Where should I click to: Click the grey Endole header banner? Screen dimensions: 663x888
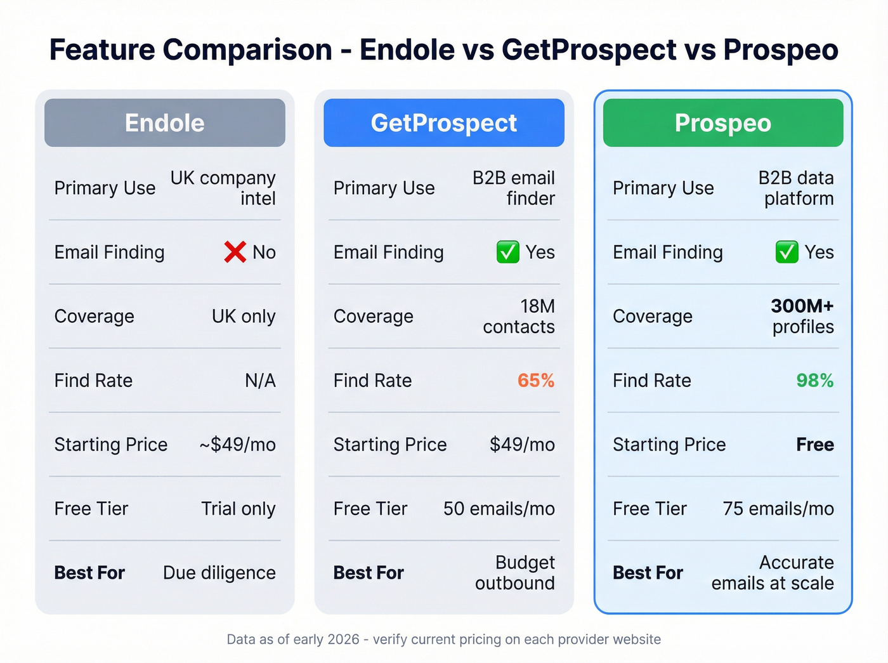[164, 122]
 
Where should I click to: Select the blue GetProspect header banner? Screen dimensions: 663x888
[443, 122]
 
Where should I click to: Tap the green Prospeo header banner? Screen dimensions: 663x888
[722, 122]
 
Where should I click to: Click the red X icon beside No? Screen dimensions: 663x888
[235, 252]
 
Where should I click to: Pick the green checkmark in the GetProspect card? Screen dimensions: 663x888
[507, 252]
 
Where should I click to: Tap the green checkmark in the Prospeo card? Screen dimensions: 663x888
[787, 252]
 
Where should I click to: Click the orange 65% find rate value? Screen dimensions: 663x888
[535, 380]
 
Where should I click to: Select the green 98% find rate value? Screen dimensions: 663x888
[814, 380]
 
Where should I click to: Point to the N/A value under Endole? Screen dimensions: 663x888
[260, 380]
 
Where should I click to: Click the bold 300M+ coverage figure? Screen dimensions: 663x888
[802, 306]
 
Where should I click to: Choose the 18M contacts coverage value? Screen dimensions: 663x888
[519, 316]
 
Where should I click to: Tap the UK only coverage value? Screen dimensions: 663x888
[244, 316]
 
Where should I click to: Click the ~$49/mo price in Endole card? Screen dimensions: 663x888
[237, 444]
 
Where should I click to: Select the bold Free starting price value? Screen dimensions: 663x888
[814, 444]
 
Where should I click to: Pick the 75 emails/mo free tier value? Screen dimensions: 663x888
[778, 508]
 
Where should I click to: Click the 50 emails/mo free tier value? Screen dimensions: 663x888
[499, 508]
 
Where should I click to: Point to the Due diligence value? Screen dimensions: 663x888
[219, 572]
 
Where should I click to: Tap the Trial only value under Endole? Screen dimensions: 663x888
[238, 508]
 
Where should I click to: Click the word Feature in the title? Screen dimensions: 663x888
[101, 49]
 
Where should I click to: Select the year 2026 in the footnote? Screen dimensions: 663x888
[343, 639]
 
